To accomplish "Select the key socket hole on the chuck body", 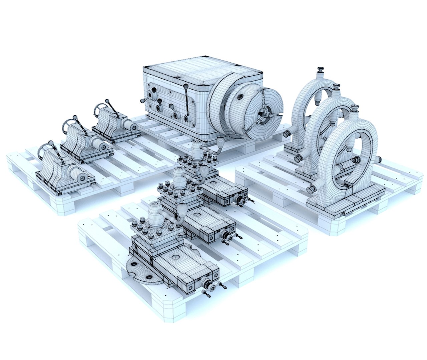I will (x=239, y=97).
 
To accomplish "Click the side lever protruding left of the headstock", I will (x=143, y=100).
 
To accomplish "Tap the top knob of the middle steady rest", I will (x=336, y=87).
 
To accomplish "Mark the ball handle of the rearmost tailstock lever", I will (x=107, y=101).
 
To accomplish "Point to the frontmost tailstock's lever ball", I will (x=51, y=143).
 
